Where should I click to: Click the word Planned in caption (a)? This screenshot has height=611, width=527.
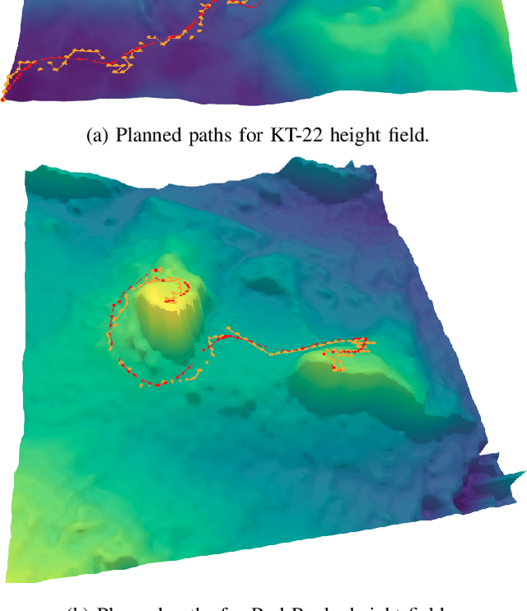143,135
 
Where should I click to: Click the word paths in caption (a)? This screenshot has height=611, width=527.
208,135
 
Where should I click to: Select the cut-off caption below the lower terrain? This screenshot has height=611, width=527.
263,607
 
